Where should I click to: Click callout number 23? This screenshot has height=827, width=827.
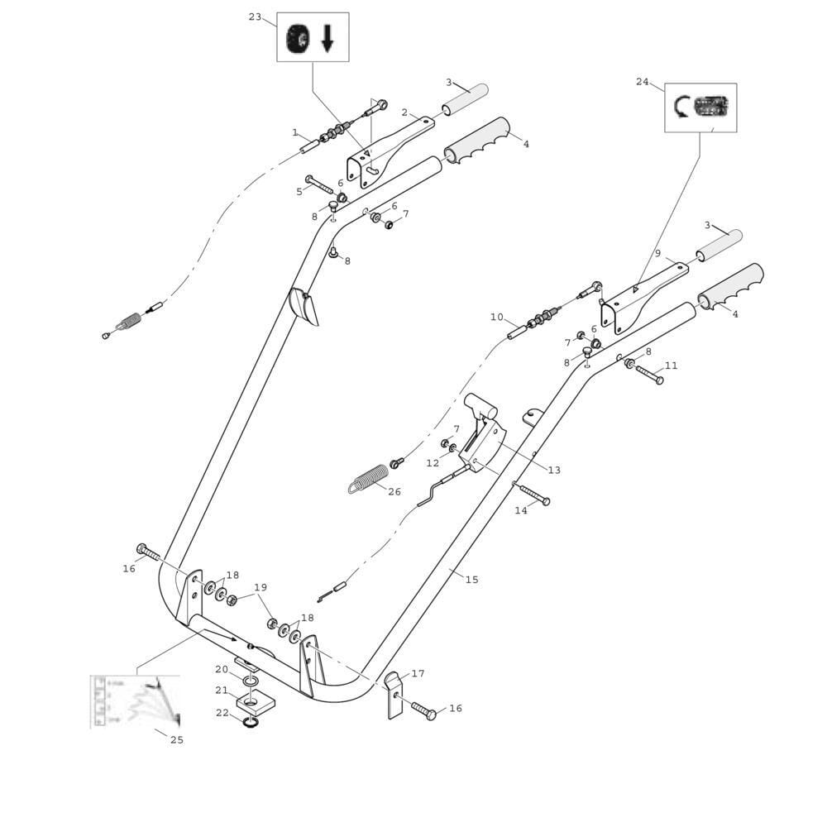[255, 17]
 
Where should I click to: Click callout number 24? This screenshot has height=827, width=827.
[643, 81]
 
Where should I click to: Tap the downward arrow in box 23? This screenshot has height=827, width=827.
[327, 38]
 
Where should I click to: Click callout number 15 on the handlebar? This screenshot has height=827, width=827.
[471, 580]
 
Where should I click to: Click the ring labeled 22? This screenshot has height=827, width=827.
[250, 722]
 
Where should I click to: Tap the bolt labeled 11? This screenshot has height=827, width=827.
[648, 374]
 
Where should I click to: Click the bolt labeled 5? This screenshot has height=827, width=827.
[318, 184]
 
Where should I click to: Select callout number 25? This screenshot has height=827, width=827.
[177, 739]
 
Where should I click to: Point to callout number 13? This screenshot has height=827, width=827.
[554, 470]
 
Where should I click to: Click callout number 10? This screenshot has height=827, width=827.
[496, 317]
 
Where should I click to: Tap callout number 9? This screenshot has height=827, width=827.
[657, 253]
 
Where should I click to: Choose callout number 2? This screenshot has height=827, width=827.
[404, 112]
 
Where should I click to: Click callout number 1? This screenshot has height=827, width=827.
[295, 132]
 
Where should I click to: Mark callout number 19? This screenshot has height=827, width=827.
[261, 588]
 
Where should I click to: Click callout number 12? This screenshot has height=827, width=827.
[433, 463]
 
